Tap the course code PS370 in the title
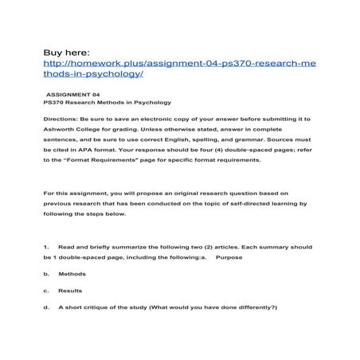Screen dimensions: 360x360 57,102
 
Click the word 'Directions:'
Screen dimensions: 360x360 64,117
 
